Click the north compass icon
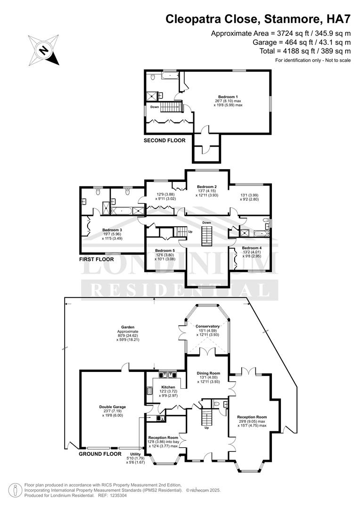(x=43, y=50)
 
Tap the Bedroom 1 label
(x=228, y=97)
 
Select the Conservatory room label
(x=207, y=326)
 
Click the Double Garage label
(x=112, y=407)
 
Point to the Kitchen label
(x=168, y=387)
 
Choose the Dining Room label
(x=208, y=373)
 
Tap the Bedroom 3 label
(x=112, y=230)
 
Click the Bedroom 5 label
(x=165, y=251)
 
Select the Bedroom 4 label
(x=252, y=248)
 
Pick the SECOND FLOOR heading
(x=164, y=140)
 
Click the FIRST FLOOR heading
(x=97, y=259)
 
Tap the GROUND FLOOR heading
(x=100, y=454)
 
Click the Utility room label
(x=135, y=454)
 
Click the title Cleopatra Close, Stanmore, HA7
(x=258, y=19)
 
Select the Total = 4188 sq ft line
(x=305, y=51)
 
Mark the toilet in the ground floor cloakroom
(x=218, y=404)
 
